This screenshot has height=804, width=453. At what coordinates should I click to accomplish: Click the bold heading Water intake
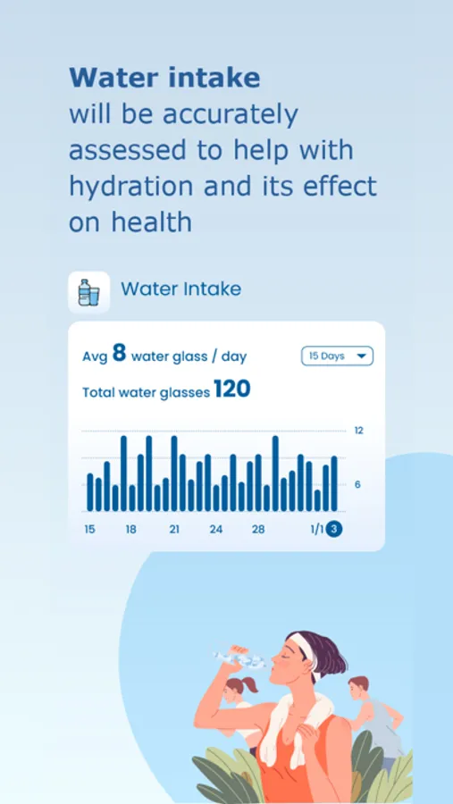pos(164,78)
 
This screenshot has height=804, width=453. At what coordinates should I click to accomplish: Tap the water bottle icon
pos(88,292)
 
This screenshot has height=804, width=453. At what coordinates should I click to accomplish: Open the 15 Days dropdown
pos(337,356)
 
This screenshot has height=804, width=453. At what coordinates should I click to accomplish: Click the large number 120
pos(231,389)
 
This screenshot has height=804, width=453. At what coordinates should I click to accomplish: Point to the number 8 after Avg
pos(119,354)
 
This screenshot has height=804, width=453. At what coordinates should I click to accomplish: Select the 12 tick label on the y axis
pos(359,431)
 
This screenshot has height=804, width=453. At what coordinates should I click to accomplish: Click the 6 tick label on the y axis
pos(359,484)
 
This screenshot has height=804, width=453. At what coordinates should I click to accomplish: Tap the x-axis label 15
pos(90,530)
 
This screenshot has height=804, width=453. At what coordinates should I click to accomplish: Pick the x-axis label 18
pos(131,530)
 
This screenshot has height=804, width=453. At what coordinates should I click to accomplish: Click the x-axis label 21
pos(174,530)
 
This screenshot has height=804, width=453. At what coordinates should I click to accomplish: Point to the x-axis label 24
pos(216,530)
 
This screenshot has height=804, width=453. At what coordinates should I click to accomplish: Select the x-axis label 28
pos(258,530)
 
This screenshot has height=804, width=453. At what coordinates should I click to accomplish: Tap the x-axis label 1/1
pos(316,530)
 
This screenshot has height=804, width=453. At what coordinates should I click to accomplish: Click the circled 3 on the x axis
pos(334,529)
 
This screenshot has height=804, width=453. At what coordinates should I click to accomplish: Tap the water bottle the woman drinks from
pos(239,659)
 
